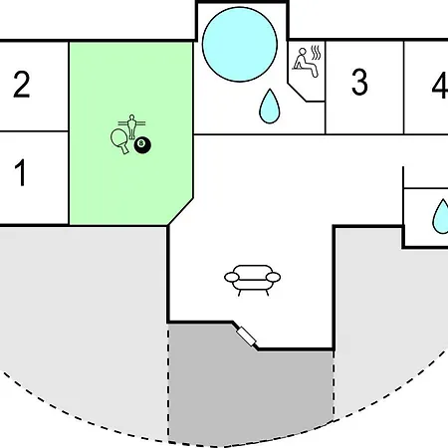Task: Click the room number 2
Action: pyautogui.click(x=22, y=85)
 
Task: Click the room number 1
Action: pyautogui.click(x=20, y=172)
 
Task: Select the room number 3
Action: pyautogui.click(x=359, y=83)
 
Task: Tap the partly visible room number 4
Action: pyautogui.click(x=440, y=86)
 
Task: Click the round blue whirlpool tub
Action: pyautogui.click(x=240, y=45)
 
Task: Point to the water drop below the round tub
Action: pyautogui.click(x=270, y=107)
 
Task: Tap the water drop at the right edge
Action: pyautogui.click(x=441, y=216)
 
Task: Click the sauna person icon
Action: pyautogui.click(x=305, y=63)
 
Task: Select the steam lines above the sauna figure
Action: pyautogui.click(x=316, y=53)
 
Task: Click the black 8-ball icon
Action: pyautogui.click(x=142, y=145)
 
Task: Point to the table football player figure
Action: pyautogui.click(x=131, y=126)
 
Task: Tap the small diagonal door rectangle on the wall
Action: pyautogui.click(x=246, y=336)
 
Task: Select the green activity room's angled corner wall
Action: pyautogui.click(x=181, y=212)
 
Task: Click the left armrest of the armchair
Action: pyautogui.click(x=232, y=277)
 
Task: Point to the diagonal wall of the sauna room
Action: pyautogui.click(x=297, y=93)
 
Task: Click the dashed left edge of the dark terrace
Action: pyautogui.click(x=168, y=382)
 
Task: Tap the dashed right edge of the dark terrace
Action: pyautogui.click(x=334, y=385)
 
